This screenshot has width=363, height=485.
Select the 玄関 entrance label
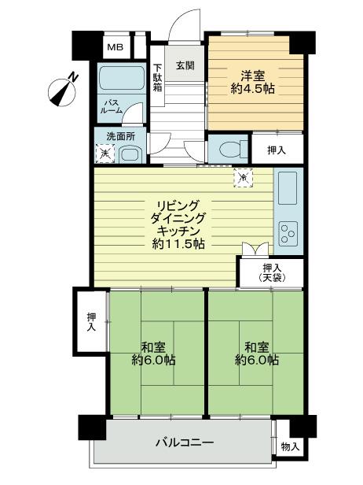(185, 65)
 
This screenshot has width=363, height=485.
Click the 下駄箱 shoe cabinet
(157, 77)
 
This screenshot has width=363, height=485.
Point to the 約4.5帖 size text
(252, 91)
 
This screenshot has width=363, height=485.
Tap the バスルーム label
(112, 106)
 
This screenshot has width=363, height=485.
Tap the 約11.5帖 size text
(179, 244)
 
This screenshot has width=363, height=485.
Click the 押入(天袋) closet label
(271, 272)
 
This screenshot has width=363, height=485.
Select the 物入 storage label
(290, 446)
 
